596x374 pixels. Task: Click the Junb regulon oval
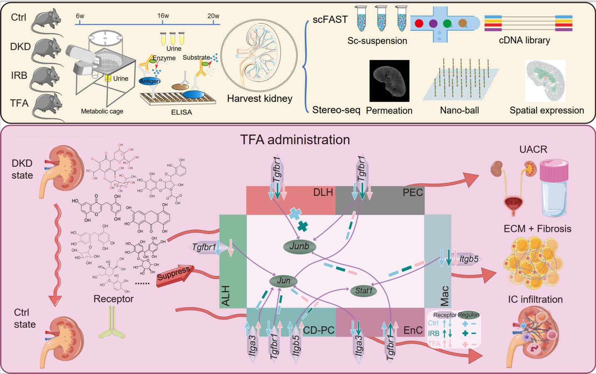[299, 246]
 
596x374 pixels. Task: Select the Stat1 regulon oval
[363, 291]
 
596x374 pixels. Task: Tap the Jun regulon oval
[283, 281]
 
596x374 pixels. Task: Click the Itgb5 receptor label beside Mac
[469, 259]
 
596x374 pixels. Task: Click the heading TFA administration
[295, 140]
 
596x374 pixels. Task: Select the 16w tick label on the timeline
[163, 16]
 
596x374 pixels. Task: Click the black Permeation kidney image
[389, 81]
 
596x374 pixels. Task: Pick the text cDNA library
[524, 40]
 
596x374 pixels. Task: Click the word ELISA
[182, 112]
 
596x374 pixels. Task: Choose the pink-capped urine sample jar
[554, 189]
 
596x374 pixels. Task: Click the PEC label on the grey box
[412, 192]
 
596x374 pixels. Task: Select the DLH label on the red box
[323, 192]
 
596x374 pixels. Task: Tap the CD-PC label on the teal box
[319, 330]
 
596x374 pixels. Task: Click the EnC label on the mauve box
[413, 330]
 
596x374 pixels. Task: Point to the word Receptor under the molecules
[113, 299]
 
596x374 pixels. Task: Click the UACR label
[533, 149]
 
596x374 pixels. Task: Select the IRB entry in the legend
[433, 333]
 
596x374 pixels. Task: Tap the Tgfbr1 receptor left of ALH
[204, 247]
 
